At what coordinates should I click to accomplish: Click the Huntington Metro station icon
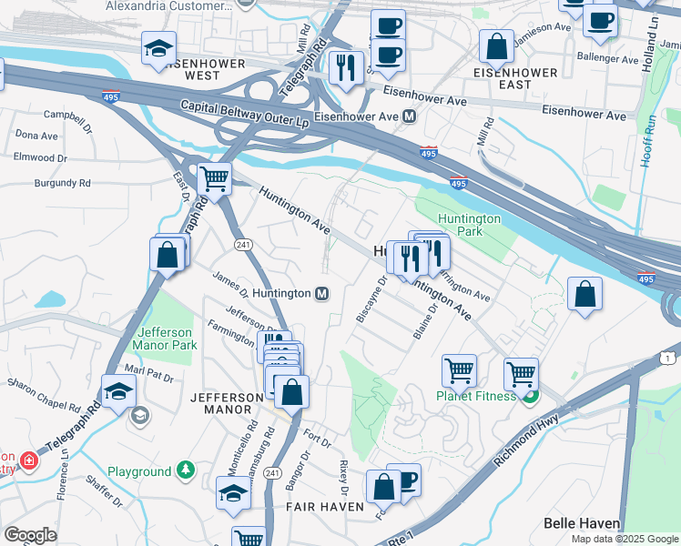(321, 294)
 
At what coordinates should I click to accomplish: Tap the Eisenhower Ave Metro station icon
(410, 116)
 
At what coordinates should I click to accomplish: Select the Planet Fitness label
(476, 395)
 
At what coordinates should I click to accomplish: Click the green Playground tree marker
(186, 470)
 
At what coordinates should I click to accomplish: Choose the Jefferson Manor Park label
(165, 339)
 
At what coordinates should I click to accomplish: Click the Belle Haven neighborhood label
(582, 523)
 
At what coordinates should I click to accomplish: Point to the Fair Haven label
(319, 506)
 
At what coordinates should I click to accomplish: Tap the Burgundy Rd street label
(65, 183)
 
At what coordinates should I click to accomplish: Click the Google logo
(30, 535)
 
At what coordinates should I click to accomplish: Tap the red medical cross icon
(29, 460)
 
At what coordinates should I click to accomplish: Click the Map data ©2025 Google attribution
(624, 539)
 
